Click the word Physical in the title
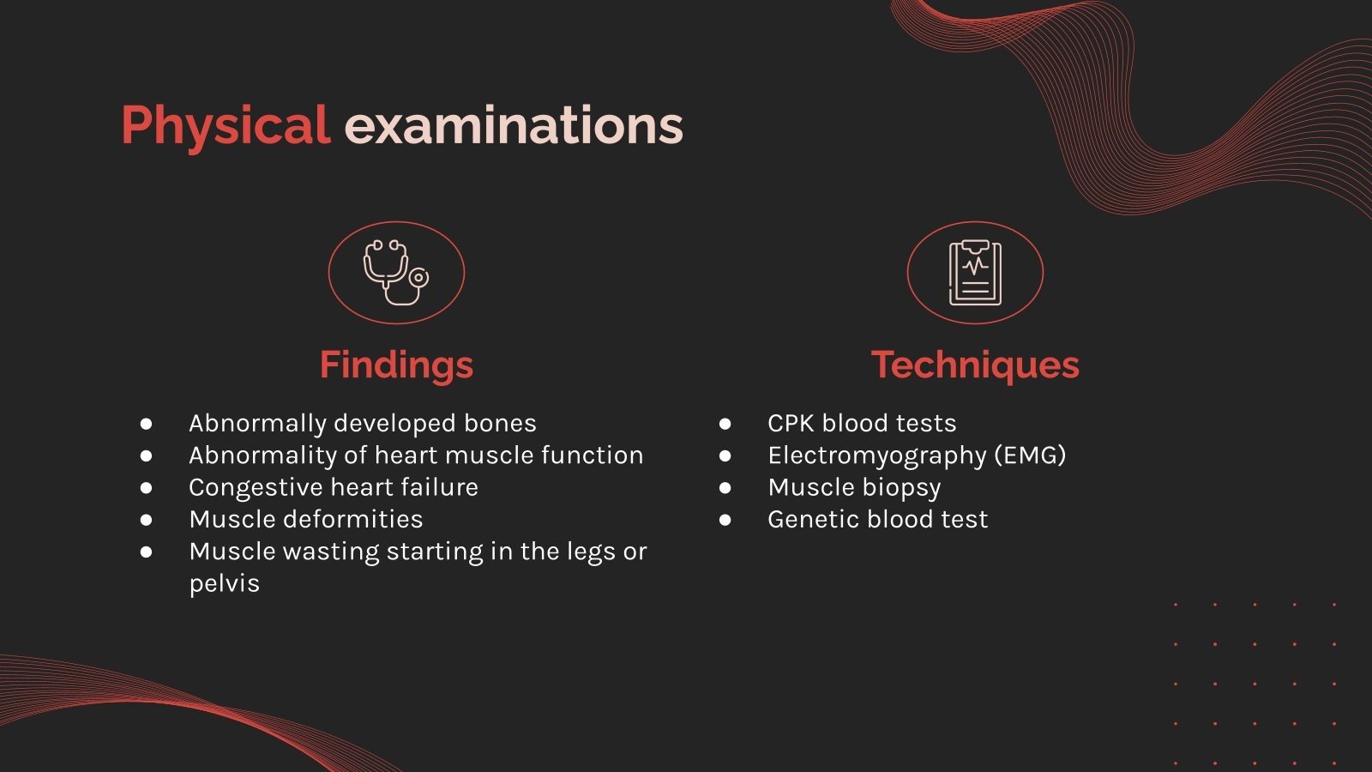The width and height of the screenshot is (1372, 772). pos(225,126)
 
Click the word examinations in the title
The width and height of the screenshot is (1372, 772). pos(513,126)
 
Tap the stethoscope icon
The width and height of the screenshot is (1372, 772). pos(395,273)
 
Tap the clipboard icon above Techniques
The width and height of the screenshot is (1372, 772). pos(975,273)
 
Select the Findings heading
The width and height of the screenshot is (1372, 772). pos(396,365)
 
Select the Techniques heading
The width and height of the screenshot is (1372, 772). pos(975,365)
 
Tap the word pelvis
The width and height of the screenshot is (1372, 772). pos(224,584)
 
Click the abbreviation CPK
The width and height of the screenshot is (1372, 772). pos(791,424)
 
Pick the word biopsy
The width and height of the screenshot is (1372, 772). pos(902,488)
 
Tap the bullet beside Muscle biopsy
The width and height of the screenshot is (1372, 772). pos(725,488)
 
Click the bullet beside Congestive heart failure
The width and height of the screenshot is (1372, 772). pos(147,488)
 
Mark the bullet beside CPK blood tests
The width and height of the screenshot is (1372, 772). pos(725,424)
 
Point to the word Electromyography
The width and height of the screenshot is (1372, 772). pos(877,455)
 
